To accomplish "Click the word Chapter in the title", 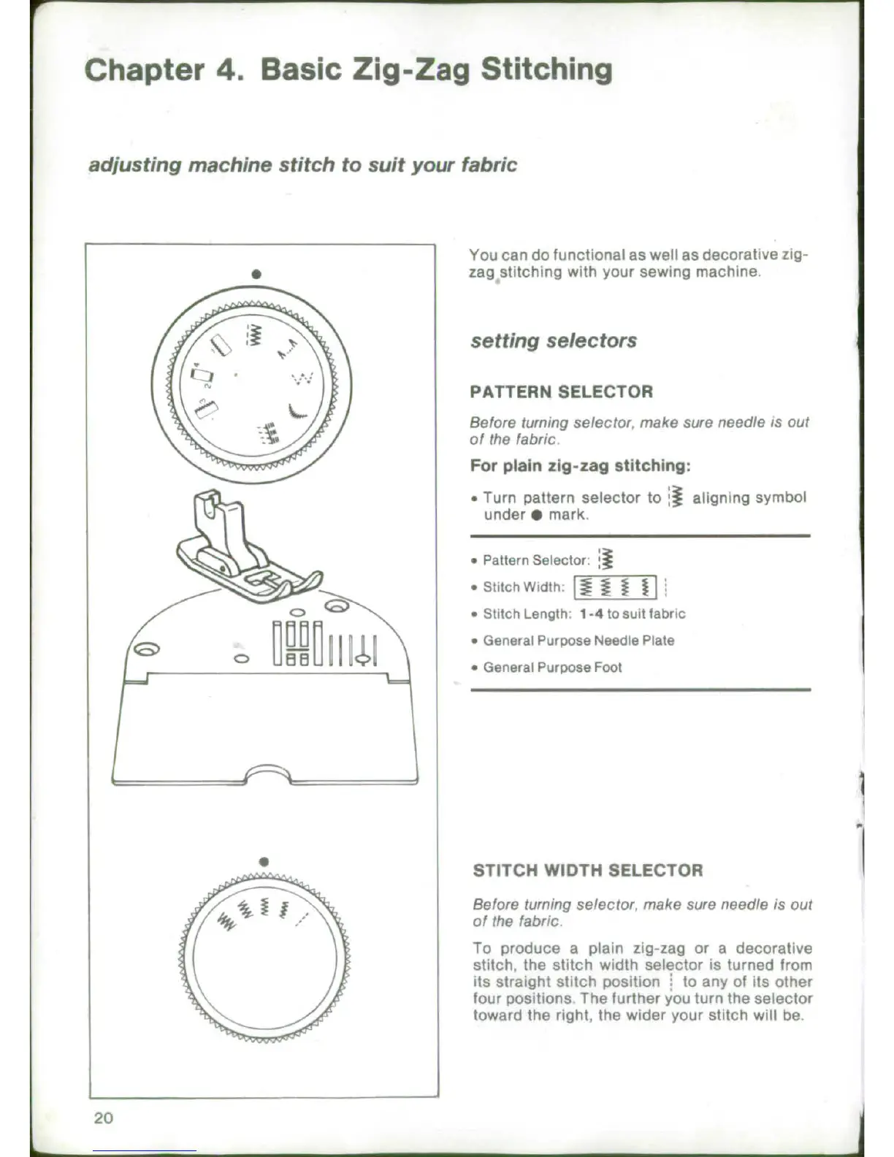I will point(144,70).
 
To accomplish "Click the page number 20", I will point(103,1118).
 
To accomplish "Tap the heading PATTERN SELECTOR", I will point(561,392).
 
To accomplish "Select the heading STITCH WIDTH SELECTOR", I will point(587,870).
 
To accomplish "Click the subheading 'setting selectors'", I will point(553,340).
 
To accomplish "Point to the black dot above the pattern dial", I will point(256,275).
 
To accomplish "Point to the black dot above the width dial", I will point(264,862).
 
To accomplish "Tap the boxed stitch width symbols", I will point(615,587).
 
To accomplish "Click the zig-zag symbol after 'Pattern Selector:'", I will point(605,560).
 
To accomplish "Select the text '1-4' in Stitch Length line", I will point(591,614).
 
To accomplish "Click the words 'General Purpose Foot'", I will point(552,668).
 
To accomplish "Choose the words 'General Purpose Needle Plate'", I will point(578,641).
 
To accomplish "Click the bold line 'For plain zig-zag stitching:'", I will point(580,466).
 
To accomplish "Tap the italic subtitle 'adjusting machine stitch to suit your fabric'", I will point(302,165).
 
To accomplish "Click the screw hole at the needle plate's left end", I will point(144,649).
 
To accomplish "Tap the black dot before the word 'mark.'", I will point(536,515).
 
